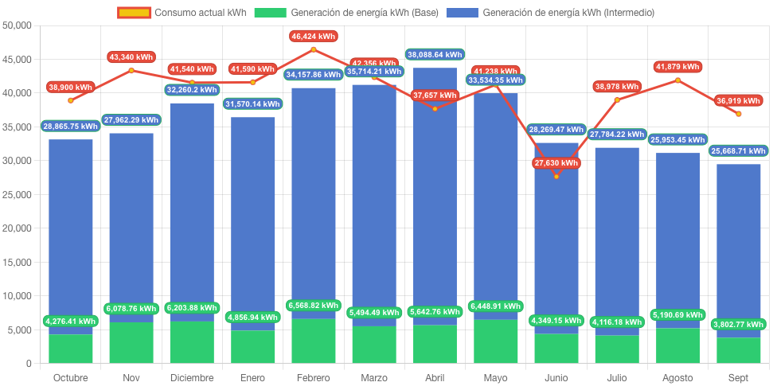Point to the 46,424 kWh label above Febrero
pyautogui.click(x=314, y=37)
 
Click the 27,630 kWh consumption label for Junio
pyautogui.click(x=556, y=163)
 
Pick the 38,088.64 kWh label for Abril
pyautogui.click(x=435, y=55)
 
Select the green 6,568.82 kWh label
pyautogui.click(x=314, y=305)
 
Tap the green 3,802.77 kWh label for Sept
pyautogui.click(x=739, y=324)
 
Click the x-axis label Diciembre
pyautogui.click(x=192, y=377)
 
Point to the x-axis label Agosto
pyautogui.click(x=677, y=377)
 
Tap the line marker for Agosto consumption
pyautogui.click(x=678, y=80)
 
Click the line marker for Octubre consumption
pyautogui.click(x=71, y=100)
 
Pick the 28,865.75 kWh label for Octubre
pyautogui.click(x=71, y=127)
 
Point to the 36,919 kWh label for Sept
pyautogui.click(x=739, y=101)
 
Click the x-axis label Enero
pyautogui.click(x=252, y=377)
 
